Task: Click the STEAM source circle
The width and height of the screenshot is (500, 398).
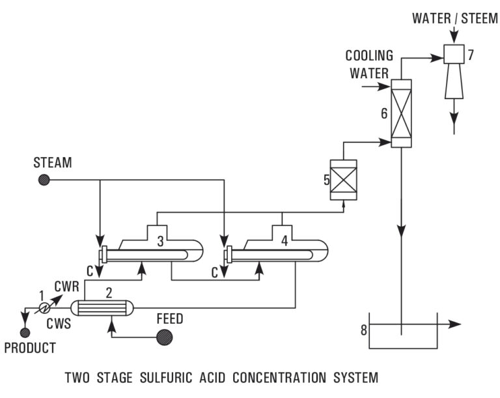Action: pyautogui.click(x=44, y=180)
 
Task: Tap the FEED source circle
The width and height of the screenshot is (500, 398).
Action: pyautogui.click(x=164, y=337)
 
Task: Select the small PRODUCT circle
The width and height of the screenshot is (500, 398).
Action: pyautogui.click(x=25, y=333)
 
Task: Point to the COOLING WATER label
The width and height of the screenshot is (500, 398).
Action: pyautogui.click(x=369, y=64)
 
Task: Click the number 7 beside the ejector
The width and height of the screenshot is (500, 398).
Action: pyautogui.click(x=470, y=55)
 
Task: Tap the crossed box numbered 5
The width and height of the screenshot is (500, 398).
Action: pyautogui.click(x=343, y=180)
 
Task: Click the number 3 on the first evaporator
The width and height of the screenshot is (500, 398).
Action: pyautogui.click(x=160, y=242)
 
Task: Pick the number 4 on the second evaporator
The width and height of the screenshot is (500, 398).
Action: pyautogui.click(x=284, y=242)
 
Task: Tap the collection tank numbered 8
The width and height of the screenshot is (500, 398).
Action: pyautogui.click(x=402, y=335)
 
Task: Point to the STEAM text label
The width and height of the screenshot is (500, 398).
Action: pyautogui.click(x=53, y=162)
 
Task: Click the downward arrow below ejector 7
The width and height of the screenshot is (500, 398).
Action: pyautogui.click(x=454, y=119)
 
